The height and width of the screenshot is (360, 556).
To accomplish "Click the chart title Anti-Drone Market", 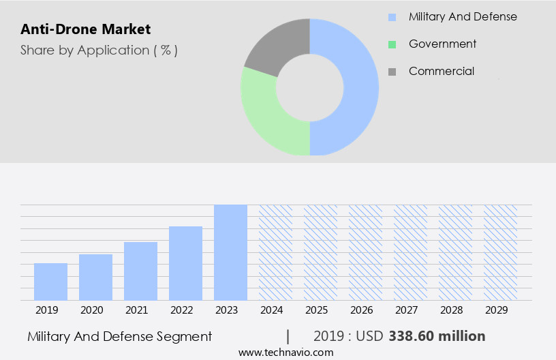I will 86,29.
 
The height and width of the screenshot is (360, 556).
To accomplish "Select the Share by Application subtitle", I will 99,50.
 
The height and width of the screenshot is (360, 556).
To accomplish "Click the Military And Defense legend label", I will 463,16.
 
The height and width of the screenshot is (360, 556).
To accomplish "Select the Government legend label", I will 442,44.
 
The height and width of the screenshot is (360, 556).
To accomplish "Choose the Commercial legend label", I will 442,71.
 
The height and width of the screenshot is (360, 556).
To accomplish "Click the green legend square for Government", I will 392,44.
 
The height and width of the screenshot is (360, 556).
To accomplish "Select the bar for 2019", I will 51,282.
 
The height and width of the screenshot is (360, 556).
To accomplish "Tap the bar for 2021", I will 141,271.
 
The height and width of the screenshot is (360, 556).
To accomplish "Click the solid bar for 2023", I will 230,252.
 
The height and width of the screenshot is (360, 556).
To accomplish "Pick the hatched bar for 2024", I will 275,252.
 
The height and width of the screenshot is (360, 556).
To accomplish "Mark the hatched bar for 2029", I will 500,252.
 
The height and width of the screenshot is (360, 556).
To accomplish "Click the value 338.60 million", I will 437,336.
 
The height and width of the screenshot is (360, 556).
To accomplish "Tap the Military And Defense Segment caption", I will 120,336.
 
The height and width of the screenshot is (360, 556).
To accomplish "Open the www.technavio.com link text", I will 285,352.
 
